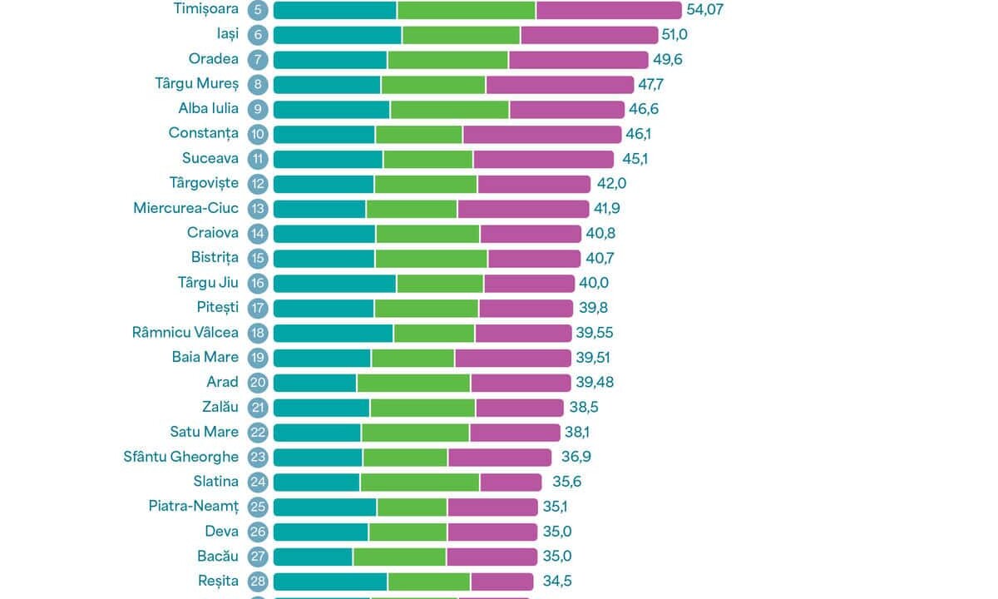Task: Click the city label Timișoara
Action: tap(206, 9)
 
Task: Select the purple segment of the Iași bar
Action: tap(589, 34)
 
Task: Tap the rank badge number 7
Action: tap(258, 59)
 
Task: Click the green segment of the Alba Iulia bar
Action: tap(449, 109)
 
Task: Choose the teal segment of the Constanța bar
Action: tap(324, 134)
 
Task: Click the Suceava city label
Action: tap(210, 158)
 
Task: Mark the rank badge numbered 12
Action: tap(258, 183)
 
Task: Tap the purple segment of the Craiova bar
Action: tap(530, 233)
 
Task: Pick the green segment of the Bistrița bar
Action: tap(431, 258)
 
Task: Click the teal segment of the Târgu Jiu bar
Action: tap(334, 283)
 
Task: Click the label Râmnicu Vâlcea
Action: tap(185, 332)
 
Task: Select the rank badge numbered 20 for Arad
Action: tap(258, 382)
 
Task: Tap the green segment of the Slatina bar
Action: tap(419, 482)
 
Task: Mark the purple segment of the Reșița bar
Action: tap(501, 581)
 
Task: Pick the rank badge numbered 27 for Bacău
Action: tap(258, 556)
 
